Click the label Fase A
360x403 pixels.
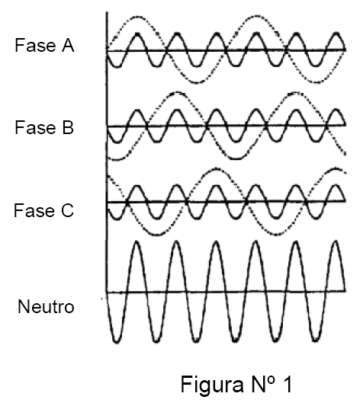44,45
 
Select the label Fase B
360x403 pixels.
44,127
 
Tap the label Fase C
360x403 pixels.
43,210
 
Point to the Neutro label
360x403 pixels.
46,306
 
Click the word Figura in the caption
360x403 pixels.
212,385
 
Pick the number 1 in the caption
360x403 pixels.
288,384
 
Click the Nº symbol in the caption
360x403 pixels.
262,383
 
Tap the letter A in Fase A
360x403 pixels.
68,45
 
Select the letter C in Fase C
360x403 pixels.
67,210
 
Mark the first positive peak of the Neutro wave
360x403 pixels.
137,241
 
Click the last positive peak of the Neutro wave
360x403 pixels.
336,241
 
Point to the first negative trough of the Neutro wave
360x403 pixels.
117,341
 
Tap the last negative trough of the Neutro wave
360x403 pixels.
316,341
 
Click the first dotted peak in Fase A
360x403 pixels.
137,18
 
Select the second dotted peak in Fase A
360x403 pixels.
257,17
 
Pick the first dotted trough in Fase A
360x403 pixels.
197,82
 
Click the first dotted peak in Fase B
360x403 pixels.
177,92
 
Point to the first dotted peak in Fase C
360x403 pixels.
217,168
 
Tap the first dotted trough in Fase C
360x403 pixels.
157,234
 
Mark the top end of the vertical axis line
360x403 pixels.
107,12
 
